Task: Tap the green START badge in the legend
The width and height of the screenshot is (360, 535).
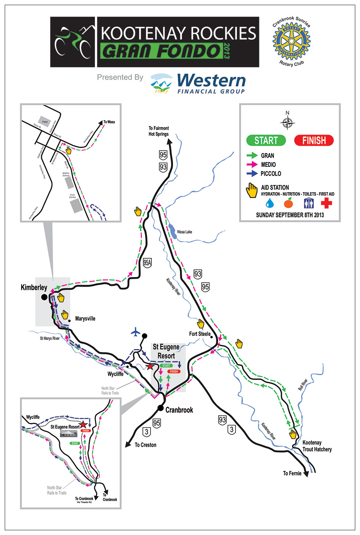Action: (266, 140)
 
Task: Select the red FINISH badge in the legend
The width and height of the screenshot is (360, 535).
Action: (314, 140)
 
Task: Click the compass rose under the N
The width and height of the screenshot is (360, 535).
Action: (288, 122)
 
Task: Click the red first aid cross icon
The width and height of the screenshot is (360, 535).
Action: (326, 203)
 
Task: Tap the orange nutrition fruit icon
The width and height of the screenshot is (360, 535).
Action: (288, 203)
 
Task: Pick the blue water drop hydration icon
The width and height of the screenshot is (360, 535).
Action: (270, 203)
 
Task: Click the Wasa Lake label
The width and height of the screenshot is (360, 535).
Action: (184, 232)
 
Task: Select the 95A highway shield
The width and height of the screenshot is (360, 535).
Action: (147, 263)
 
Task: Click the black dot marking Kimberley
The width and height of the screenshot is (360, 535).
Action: (44, 297)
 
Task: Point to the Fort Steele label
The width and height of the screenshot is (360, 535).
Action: (200, 334)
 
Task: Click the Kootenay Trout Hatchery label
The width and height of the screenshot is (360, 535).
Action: (317, 446)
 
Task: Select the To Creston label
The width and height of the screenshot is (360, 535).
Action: (145, 445)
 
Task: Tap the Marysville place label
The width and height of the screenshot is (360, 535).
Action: (85, 319)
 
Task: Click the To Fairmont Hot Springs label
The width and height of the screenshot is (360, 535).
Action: (159, 131)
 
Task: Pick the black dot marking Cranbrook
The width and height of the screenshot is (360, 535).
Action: (161, 408)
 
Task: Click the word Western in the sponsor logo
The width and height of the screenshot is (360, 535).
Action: (211, 80)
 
